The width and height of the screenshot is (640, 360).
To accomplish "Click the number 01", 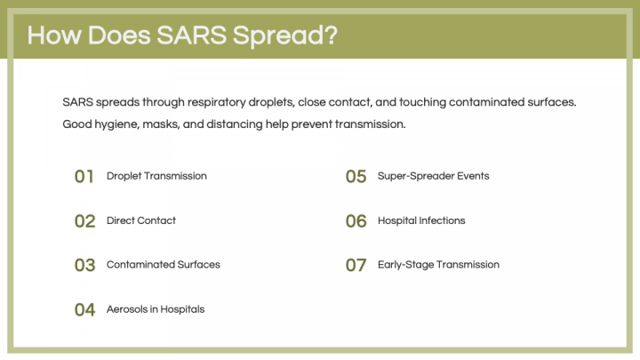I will [x=84, y=177].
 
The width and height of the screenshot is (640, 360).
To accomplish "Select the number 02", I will [x=84, y=221].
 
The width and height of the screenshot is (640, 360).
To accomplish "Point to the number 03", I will [x=84, y=266].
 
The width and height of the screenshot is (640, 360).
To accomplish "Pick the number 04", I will [x=84, y=310].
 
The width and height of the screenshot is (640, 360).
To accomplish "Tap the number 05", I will [x=356, y=177].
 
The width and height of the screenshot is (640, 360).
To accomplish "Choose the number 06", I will [x=356, y=221].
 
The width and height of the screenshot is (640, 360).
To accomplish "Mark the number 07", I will [x=356, y=266].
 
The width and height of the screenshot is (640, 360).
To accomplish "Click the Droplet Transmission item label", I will [x=156, y=176].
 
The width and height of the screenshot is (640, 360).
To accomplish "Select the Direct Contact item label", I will [x=141, y=220].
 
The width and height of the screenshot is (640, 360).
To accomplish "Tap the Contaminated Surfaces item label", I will [x=163, y=265].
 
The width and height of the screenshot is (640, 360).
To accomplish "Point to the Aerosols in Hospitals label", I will [x=156, y=309].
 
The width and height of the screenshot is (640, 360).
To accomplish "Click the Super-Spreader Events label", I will [x=433, y=176].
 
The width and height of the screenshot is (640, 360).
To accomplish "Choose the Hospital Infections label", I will [x=421, y=220].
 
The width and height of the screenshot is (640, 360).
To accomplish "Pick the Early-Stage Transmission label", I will [x=438, y=265].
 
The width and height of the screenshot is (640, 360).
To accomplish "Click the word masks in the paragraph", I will [x=165, y=124].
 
